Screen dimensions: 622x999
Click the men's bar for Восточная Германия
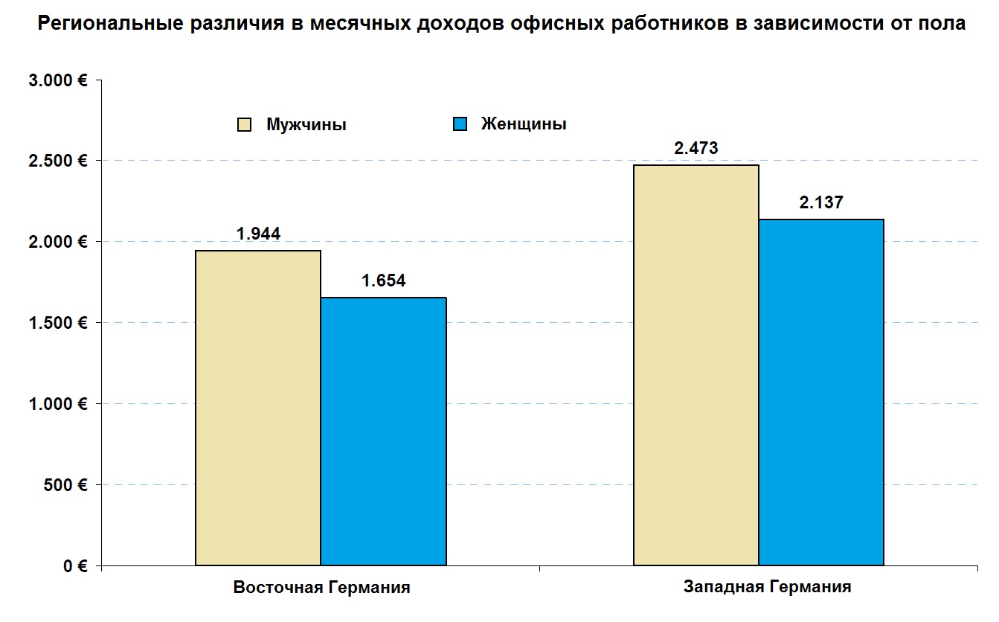(258, 408)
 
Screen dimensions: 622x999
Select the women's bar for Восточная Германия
(383, 432)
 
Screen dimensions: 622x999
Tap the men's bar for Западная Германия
(696, 365)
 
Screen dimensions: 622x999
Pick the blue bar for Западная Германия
(821, 392)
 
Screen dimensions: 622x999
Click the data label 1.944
(258, 234)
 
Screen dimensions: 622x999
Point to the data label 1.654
(384, 281)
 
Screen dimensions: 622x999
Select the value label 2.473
(696, 148)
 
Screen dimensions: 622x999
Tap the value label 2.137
(821, 202)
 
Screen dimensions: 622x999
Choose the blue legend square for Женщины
(460, 124)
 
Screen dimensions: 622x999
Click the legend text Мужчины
(306, 125)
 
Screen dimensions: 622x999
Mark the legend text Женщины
(524, 124)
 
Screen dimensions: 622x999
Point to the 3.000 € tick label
(57, 80)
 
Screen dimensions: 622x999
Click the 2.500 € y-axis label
(57, 161)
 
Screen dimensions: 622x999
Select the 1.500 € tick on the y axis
(57, 323)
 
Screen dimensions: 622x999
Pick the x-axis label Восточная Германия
(321, 588)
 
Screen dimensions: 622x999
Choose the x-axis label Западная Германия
(767, 587)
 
